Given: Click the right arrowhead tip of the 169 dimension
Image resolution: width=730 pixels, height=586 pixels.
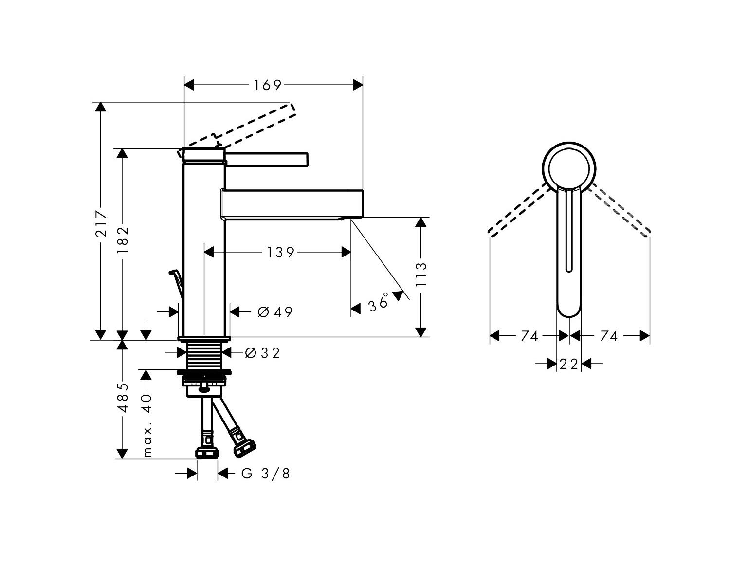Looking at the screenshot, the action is tap(363, 85).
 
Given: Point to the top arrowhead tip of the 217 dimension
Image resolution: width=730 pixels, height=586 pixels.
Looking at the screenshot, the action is tap(100, 102).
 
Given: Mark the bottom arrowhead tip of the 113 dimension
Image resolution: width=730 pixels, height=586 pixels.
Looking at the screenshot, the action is tap(420, 337).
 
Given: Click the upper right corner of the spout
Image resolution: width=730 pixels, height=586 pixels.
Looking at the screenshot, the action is tap(363, 190).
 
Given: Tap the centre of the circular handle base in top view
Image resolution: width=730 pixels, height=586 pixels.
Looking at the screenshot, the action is tap(569, 169).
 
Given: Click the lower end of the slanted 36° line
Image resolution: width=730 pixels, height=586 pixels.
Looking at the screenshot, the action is tap(409, 300).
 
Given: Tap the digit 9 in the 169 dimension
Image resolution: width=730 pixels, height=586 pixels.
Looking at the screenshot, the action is tap(277, 86).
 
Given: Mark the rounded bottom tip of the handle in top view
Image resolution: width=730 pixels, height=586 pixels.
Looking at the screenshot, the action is tap(569, 317).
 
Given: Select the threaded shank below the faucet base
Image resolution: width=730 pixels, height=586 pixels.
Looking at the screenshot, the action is tap(204, 356).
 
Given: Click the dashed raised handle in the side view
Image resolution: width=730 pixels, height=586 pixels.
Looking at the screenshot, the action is tap(237, 130).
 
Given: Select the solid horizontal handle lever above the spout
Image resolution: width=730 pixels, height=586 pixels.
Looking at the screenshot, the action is tap(266, 160).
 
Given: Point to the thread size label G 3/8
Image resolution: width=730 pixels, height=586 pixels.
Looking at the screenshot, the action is tap(266, 474).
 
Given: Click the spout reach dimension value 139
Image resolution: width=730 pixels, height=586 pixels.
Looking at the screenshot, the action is tap(280, 253).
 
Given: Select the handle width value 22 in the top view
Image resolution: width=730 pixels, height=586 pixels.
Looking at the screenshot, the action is tap(569, 364).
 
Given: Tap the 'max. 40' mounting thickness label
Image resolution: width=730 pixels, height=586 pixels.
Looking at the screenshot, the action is tap(147, 425).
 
